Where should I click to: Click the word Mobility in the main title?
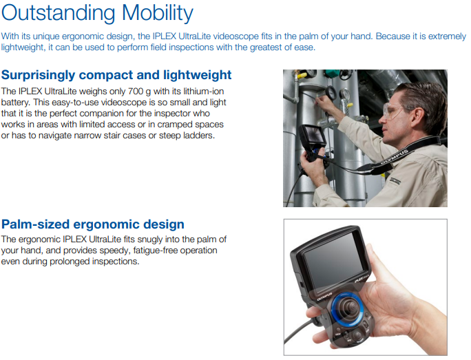158,14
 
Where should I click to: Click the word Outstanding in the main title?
59,14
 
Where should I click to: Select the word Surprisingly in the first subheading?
38,75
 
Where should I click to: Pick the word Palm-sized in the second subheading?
36,224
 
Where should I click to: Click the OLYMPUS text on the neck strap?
394,157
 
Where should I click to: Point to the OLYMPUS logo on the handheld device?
324,296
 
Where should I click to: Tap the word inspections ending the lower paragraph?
116,262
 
